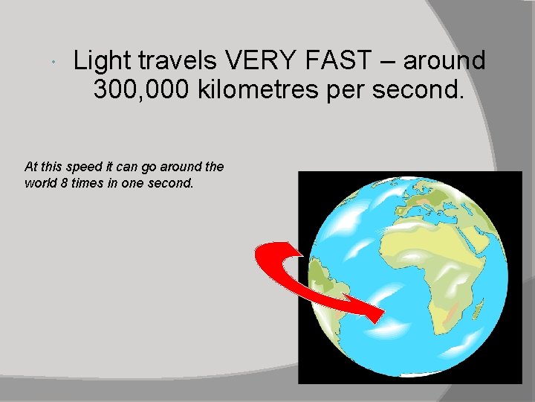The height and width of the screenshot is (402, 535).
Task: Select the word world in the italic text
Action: tap(42, 183)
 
